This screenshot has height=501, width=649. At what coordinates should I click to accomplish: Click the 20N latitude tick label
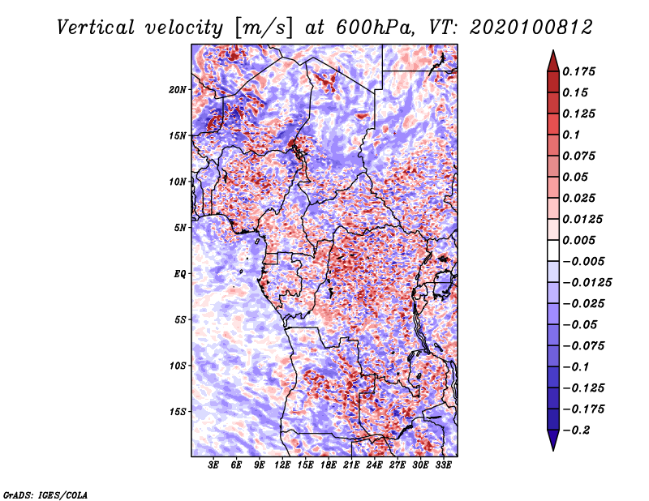tap(178, 89)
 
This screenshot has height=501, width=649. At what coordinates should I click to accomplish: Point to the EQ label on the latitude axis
tap(180, 273)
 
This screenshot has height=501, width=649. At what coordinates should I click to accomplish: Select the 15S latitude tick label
tap(178, 411)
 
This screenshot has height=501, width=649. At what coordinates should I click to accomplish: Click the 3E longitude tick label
tap(214, 466)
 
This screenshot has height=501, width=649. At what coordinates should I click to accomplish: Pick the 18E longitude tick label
tap(329, 466)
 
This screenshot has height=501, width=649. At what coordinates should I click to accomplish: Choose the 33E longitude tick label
tap(444, 466)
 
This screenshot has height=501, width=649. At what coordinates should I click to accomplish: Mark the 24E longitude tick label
tap(375, 466)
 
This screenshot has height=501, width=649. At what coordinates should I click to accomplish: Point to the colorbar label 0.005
tap(580, 240)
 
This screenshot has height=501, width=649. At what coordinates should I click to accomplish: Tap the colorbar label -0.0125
tap(588, 282)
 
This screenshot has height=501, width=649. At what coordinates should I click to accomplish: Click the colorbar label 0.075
tap(580, 156)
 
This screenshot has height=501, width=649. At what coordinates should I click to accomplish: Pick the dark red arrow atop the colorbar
tap(552, 60)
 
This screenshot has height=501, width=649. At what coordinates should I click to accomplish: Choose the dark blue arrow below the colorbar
tap(552, 441)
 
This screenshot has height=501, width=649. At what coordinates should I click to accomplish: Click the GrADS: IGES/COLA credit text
tap(45, 494)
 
